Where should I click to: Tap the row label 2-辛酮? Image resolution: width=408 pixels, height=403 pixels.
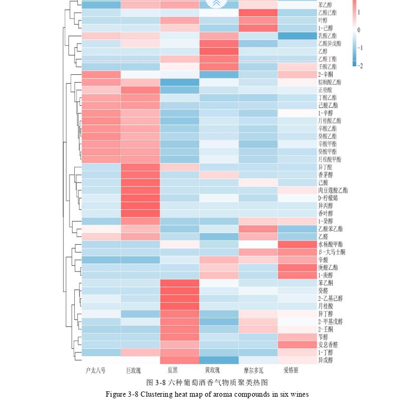pyautogui.click(x=326, y=75)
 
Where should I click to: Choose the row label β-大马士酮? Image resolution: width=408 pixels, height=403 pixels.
pyautogui.click(x=332, y=253)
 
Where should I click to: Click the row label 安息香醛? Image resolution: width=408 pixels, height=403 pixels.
pyautogui.click(x=329, y=345)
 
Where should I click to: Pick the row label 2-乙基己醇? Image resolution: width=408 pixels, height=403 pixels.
pyautogui.click(x=331, y=298)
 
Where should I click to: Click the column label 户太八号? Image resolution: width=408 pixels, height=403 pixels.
pyautogui.click(x=96, y=370)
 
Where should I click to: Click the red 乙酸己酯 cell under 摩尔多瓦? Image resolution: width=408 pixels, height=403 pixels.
pyautogui.click(x=258, y=13)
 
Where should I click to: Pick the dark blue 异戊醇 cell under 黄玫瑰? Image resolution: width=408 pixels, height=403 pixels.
pyautogui.click(x=218, y=360)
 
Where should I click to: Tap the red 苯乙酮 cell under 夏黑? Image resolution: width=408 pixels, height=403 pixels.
pyautogui.click(x=179, y=283)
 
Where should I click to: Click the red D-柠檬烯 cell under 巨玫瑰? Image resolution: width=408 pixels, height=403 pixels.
pyautogui.click(x=140, y=198)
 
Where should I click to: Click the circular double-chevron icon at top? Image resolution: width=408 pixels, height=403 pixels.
pyautogui.click(x=215, y=3)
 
